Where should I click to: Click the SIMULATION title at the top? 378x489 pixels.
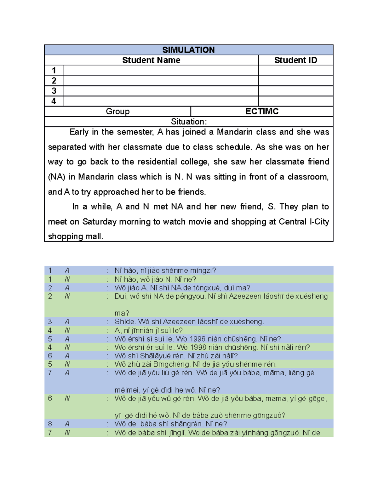(x=188, y=50)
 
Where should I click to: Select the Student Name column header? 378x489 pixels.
(x=151, y=60)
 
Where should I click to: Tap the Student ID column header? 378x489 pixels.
(x=295, y=60)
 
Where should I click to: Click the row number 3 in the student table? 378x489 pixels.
(x=54, y=91)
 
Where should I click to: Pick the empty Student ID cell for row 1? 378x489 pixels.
(x=295, y=70)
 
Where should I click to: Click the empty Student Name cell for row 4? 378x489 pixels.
(x=161, y=101)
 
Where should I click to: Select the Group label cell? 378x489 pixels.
(x=117, y=111)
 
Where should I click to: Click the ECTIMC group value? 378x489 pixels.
(x=262, y=111)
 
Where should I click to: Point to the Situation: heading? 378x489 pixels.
(x=189, y=122)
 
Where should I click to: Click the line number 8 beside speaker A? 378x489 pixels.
(x=50, y=424)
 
